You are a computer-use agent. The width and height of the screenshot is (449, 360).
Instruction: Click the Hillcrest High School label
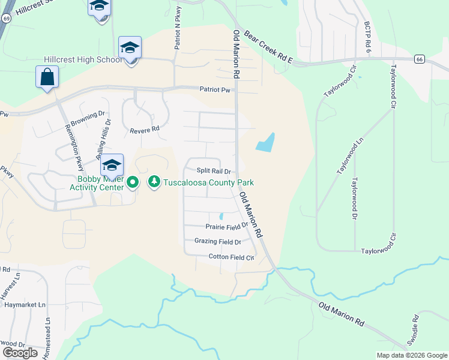point(82,60)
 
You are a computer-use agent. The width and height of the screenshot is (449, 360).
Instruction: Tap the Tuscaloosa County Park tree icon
point(154,181)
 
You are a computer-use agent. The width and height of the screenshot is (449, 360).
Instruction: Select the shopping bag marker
point(47,77)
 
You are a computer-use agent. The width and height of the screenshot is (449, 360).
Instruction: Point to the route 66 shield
point(420,59)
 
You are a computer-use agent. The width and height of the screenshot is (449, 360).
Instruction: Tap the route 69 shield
point(6,19)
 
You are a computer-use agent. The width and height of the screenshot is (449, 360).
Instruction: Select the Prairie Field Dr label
point(226,227)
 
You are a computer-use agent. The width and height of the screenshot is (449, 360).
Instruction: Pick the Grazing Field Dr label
point(217,242)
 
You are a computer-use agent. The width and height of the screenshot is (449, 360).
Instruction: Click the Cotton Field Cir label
point(231,257)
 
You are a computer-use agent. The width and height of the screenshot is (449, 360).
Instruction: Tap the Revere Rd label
point(144,129)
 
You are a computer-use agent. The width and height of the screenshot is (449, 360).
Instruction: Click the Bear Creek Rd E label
point(268,48)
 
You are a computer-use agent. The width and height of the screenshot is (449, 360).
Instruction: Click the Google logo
point(20,352)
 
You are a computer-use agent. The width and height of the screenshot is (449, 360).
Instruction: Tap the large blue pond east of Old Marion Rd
point(265,142)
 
